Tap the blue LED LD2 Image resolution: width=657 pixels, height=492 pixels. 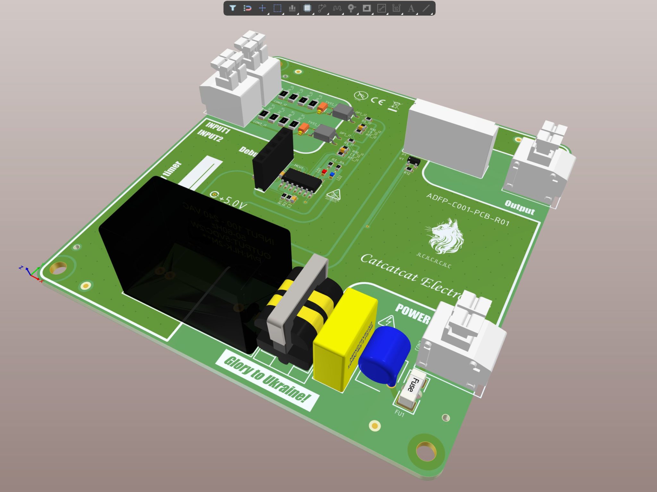332,174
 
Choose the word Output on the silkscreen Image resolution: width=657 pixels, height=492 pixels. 520,208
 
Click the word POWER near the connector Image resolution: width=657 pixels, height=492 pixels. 413,313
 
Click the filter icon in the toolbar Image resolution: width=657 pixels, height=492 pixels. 233,8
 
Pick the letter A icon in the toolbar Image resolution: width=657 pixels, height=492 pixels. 411,8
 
